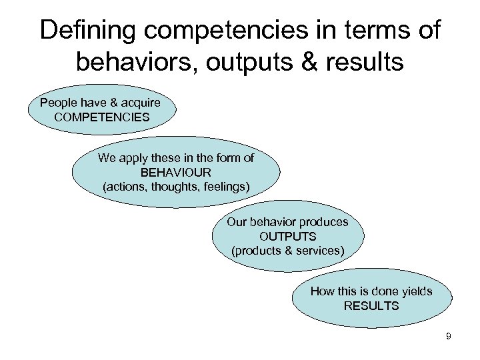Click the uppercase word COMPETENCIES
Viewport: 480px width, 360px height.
click(103, 117)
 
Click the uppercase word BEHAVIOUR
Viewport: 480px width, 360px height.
click(176, 172)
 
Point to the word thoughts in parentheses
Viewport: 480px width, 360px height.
click(176, 186)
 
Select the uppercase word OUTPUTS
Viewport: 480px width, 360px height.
click(287, 236)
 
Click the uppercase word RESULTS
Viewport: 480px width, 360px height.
click(371, 306)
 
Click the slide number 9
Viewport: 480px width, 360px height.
click(448, 337)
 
